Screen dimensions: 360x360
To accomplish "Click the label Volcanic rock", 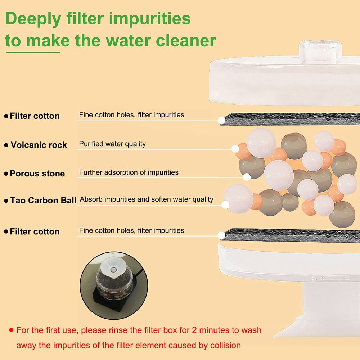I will [39, 145].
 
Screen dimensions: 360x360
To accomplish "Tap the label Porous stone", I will [37, 174].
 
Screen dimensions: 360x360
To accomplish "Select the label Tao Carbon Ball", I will [43, 200].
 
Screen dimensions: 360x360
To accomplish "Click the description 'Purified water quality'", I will [112, 144].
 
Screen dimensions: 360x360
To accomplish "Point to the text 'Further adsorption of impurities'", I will [129, 172].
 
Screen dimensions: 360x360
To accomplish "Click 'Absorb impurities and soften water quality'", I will [146, 199].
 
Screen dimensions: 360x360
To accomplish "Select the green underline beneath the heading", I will [32, 53].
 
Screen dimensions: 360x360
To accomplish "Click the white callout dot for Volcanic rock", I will [235, 148].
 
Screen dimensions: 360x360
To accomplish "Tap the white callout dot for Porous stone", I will [246, 177].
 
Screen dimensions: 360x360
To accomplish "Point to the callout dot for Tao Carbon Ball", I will [226, 205].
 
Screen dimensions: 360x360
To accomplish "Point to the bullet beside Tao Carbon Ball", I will [6, 201].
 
